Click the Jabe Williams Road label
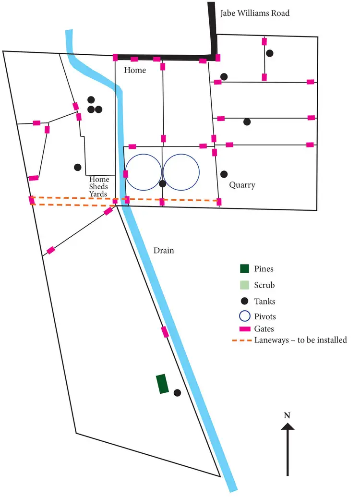[x=255, y=13]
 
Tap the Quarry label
[x=242, y=185]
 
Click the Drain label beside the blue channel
[x=163, y=251]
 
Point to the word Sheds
[x=99, y=187]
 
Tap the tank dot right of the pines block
[x=177, y=393]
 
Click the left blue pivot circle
[x=143, y=171]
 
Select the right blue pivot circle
[x=181, y=171]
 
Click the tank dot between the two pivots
[x=162, y=183]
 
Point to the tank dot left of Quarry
[x=223, y=173]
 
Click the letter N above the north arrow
[x=287, y=416]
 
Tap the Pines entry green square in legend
[x=245, y=268]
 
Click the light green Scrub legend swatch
[x=245, y=285]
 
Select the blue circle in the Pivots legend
[x=245, y=316]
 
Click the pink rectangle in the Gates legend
[x=245, y=329]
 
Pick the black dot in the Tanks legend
[x=245, y=301]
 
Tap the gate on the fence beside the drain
[x=165, y=332]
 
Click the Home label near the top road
[x=135, y=70]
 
